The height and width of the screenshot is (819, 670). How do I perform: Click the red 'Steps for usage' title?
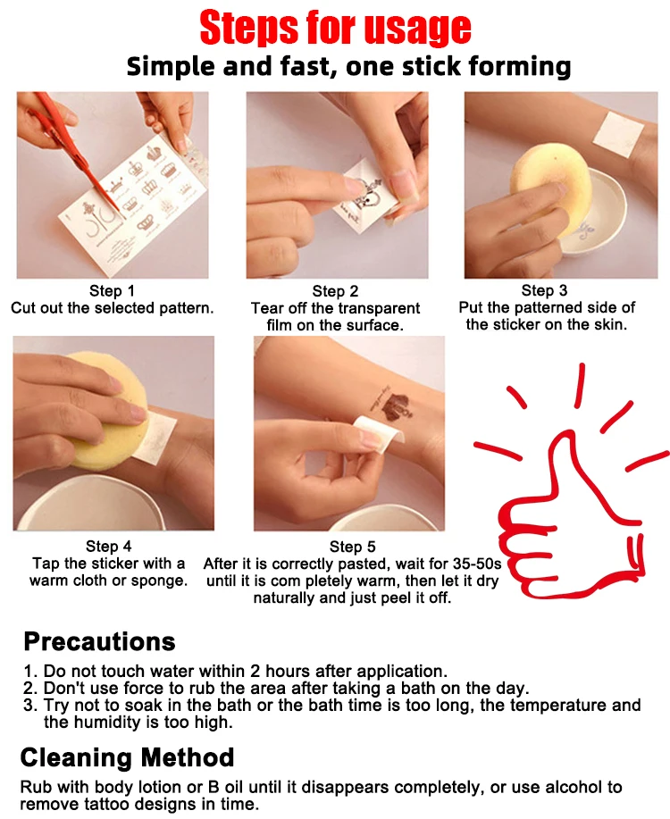(335, 28)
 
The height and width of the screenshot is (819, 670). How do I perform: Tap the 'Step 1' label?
(112, 290)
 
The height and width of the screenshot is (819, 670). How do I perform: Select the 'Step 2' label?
(335, 291)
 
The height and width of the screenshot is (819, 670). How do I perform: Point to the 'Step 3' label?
(544, 290)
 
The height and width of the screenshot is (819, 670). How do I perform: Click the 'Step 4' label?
(109, 546)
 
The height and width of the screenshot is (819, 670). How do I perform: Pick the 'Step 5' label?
(352, 547)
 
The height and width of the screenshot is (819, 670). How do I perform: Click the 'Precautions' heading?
(99, 641)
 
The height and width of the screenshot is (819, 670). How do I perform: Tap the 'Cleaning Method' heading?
(127, 757)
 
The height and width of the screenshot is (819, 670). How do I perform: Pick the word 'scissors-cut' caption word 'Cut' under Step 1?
(24, 307)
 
